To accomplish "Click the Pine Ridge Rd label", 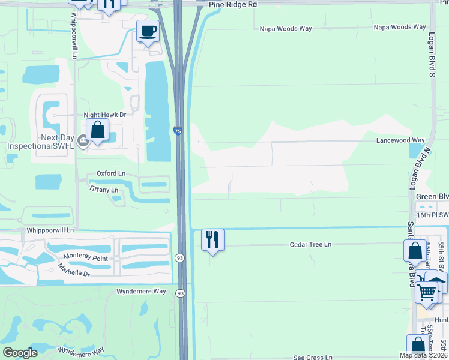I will [x=233, y=4].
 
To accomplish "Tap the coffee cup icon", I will [x=147, y=31].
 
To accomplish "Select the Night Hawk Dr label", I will [x=104, y=115].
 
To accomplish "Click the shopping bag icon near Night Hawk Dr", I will [x=97, y=129].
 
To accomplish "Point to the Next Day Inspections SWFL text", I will [x=40, y=142].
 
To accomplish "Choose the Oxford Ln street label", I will [x=111, y=173].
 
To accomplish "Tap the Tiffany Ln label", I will [x=104, y=190].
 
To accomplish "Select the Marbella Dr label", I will [x=74, y=269].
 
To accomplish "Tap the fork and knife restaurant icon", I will [x=212, y=239].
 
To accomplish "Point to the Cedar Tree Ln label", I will [x=310, y=245].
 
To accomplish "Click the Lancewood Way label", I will [x=400, y=140].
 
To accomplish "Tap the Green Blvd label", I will [x=432, y=196].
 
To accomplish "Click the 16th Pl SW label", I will [x=432, y=215].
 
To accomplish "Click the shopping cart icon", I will [x=426, y=292].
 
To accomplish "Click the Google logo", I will [x=20, y=353].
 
